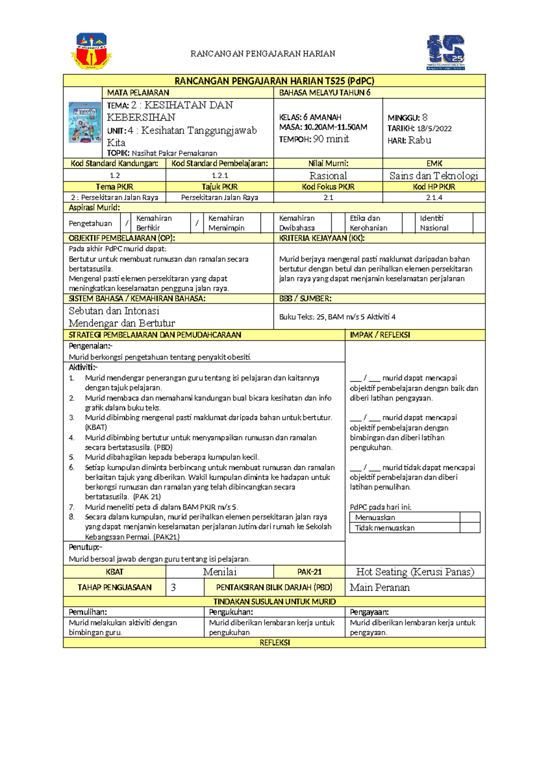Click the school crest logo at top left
click(x=91, y=51)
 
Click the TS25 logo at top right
click(x=446, y=52)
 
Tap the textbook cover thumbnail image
click(x=84, y=122)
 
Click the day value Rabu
click(x=420, y=140)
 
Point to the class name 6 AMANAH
click(x=322, y=117)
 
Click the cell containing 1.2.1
click(x=220, y=175)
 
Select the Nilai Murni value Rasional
click(x=328, y=175)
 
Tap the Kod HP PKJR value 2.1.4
click(x=434, y=197)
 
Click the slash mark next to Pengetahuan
click(x=127, y=223)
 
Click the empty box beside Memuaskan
click(x=469, y=517)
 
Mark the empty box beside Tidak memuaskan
click(x=469, y=528)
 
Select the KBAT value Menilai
click(x=220, y=572)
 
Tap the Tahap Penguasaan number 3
click(x=174, y=588)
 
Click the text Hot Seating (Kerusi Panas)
click(x=415, y=572)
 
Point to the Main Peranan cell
click(x=380, y=588)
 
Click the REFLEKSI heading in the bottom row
click(x=275, y=643)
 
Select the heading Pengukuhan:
click(x=231, y=612)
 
